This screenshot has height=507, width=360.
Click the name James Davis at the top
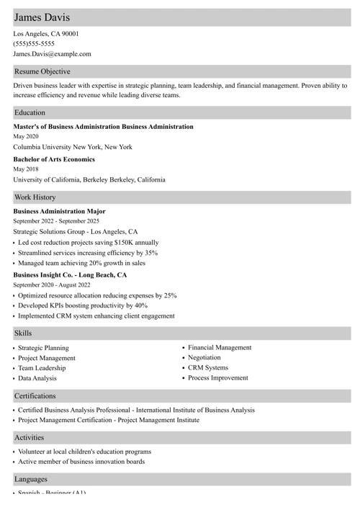point(41,17)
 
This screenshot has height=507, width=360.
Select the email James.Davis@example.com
point(52,53)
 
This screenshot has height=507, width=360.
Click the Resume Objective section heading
point(42,71)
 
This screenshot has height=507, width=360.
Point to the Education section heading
point(30,112)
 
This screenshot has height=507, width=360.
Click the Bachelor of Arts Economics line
point(54,159)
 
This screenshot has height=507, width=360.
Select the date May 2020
point(26,136)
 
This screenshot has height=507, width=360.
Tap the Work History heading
point(35,197)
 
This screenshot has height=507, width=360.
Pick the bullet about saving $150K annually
point(88,243)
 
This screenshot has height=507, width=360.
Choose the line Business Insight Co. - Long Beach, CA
point(70,274)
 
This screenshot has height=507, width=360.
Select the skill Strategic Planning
point(43,348)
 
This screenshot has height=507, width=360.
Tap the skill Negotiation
point(204,357)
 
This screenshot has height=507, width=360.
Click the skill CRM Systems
point(208,367)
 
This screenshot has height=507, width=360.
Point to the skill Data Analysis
point(37,378)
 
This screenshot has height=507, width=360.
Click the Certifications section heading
point(35,395)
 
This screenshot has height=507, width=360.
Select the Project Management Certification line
point(109,420)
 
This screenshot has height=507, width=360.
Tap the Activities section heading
point(29,437)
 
